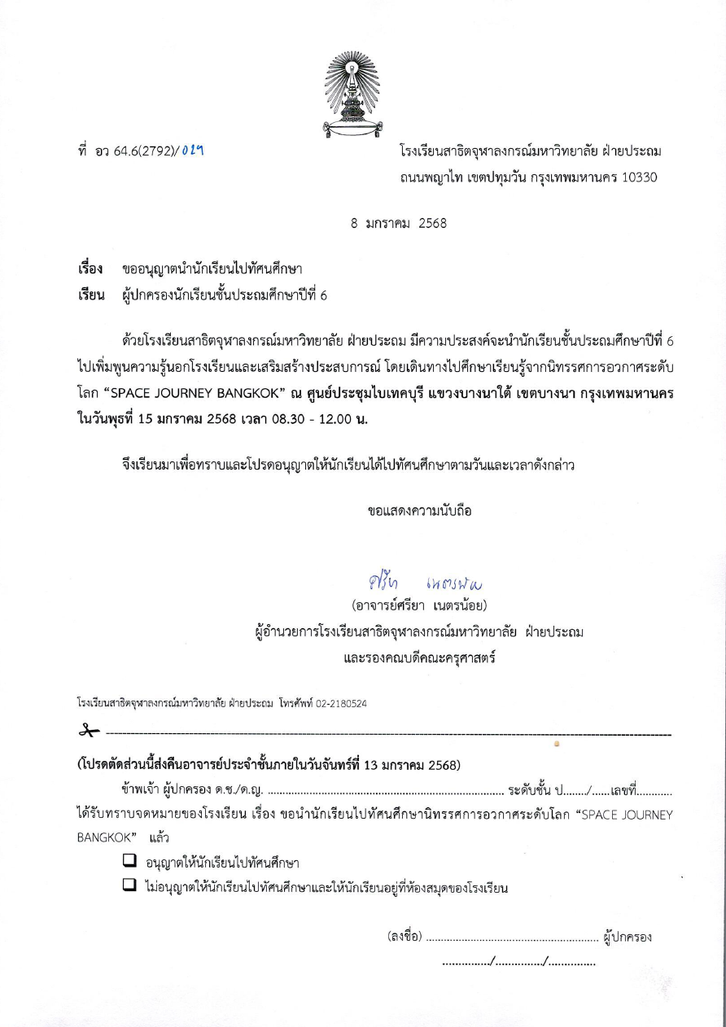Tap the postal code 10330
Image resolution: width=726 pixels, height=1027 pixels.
639,177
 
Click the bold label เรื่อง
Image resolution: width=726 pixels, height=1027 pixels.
90,269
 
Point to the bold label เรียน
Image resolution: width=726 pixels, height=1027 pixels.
90,295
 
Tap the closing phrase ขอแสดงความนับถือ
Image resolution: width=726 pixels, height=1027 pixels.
419,511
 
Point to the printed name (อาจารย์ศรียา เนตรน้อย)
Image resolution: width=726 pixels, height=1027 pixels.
419,607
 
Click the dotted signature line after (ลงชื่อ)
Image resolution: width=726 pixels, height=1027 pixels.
511,938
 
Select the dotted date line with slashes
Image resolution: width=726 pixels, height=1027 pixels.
518,963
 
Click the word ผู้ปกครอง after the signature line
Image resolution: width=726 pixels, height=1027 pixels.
628,937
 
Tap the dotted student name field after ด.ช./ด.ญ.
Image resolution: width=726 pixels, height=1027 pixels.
385,790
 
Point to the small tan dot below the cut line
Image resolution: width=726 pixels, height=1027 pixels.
557,744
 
